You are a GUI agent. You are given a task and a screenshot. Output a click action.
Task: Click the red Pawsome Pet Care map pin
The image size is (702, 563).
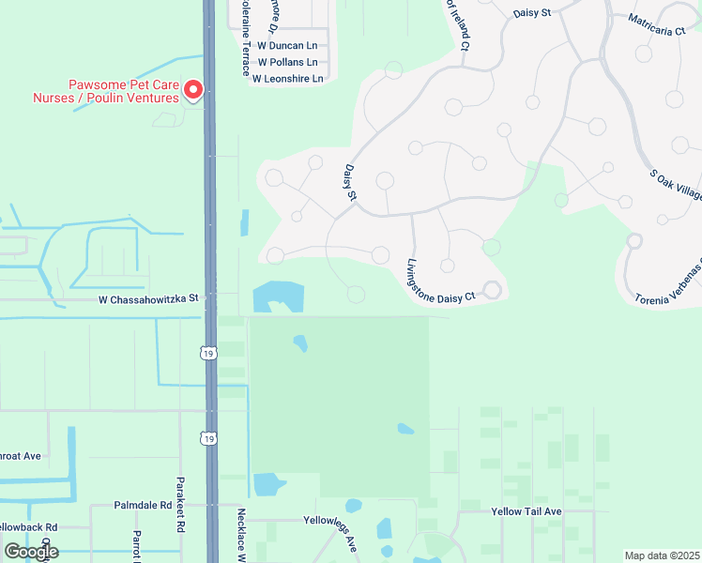[x=193, y=90]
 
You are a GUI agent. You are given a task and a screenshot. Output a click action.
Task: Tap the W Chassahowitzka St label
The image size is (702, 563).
[x=149, y=298]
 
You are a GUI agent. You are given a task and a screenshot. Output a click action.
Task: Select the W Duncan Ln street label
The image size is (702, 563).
[x=287, y=45]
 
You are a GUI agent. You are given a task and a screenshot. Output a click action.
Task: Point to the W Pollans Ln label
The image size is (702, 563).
[x=290, y=62]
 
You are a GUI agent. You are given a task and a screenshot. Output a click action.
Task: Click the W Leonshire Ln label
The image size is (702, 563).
[x=288, y=79]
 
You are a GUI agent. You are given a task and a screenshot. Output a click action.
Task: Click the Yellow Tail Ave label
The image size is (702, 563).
[x=526, y=511]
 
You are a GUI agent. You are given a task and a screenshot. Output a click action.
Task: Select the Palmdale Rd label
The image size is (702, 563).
[x=144, y=504]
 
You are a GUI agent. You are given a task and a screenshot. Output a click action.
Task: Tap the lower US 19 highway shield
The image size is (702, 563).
[x=208, y=438]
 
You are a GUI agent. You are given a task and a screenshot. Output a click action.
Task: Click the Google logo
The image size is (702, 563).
[x=31, y=551]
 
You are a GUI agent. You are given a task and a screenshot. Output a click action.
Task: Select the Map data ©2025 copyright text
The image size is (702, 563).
[x=662, y=555]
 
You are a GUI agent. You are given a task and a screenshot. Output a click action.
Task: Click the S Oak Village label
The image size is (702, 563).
[x=677, y=183]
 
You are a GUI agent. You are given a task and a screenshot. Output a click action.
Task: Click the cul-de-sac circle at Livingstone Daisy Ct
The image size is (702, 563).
[x=491, y=290]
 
